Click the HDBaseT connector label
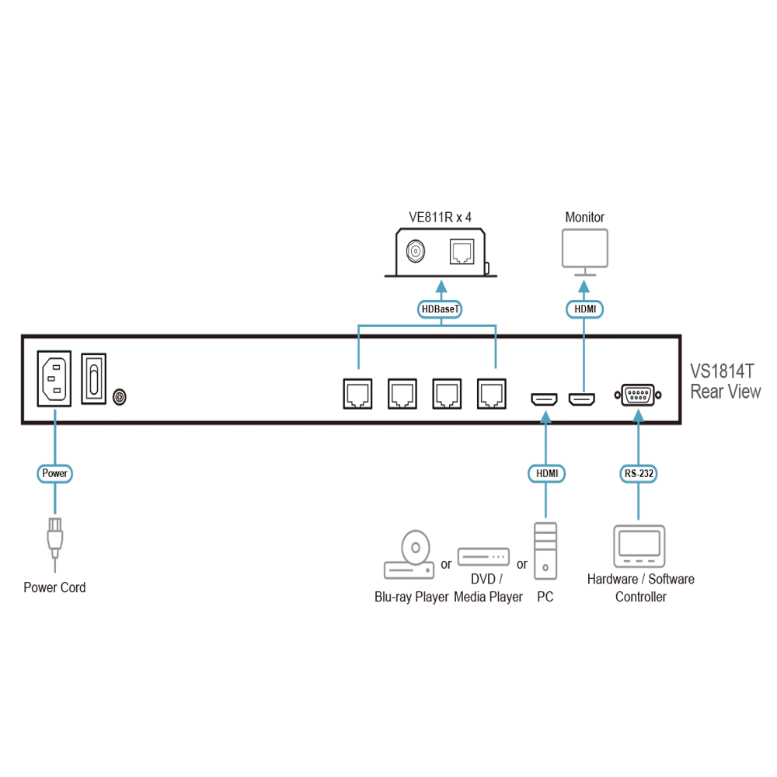pyautogui.click(x=440, y=309)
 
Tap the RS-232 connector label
pyautogui.click(x=639, y=473)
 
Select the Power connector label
pyautogui.click(x=54, y=473)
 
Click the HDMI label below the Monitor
pyautogui.click(x=585, y=309)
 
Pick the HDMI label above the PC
pyautogui.click(x=546, y=473)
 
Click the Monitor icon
pyautogui.click(x=585, y=253)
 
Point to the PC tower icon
pyautogui.click(x=545, y=551)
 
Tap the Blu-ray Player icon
pyautogui.click(x=409, y=555)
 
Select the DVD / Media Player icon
pyautogui.click(x=483, y=556)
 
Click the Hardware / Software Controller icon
pyautogui.click(x=639, y=546)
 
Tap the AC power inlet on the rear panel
pyautogui.click(x=54, y=378)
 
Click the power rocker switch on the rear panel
pyautogui.click(x=94, y=378)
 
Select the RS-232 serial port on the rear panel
pyautogui.click(x=638, y=395)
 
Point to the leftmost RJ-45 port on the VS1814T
pyautogui.click(x=357, y=394)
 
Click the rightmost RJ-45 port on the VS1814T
pyautogui.click(x=492, y=394)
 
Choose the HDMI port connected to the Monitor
pyautogui.click(x=582, y=399)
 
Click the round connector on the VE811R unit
pyautogui.click(x=415, y=252)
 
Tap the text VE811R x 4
pyautogui.click(x=440, y=217)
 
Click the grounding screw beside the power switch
pyautogui.click(x=120, y=397)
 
